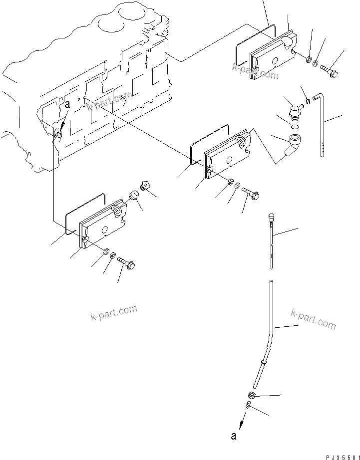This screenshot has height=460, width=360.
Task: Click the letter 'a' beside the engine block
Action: pos(67,105)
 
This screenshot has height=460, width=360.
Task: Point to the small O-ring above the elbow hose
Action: pos(295,127)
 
